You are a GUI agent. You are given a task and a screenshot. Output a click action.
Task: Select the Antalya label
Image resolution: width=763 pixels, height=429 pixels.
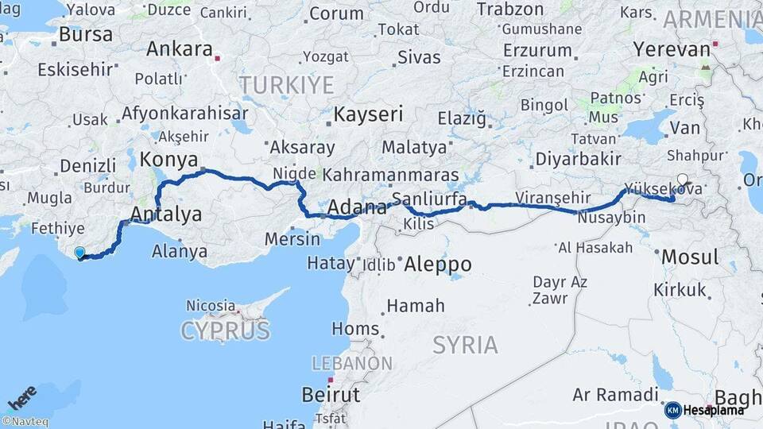pyautogui.click(x=166, y=214)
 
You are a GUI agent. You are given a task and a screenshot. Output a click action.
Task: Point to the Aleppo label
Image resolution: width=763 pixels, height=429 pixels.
pyautogui.click(x=438, y=264)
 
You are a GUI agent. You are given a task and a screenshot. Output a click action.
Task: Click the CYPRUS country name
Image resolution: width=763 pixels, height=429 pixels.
pyautogui.click(x=225, y=330)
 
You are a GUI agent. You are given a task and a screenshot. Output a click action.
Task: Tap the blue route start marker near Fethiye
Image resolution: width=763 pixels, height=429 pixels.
pyautogui.click(x=79, y=253)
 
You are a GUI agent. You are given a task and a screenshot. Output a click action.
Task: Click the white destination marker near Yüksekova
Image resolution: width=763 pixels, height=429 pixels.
pyautogui.click(x=682, y=180)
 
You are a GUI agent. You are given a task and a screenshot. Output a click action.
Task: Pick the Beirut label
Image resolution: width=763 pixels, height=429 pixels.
pyautogui.click(x=331, y=394)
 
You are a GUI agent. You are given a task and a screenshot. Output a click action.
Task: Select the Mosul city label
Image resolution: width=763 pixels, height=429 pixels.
pyautogui.click(x=690, y=257)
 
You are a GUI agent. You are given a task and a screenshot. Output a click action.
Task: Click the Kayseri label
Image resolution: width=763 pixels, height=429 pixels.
pyautogui.click(x=368, y=114)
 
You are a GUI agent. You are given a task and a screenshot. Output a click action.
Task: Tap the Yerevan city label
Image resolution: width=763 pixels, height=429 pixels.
pyautogui.click(x=672, y=49)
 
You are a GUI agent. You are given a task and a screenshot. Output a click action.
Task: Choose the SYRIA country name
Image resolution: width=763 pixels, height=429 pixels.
pyautogui.click(x=466, y=344)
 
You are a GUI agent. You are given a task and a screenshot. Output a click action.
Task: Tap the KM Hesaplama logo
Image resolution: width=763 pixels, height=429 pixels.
pyautogui.click(x=704, y=410)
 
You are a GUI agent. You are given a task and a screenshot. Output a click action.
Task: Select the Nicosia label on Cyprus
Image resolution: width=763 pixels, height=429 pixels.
pyautogui.click(x=211, y=305)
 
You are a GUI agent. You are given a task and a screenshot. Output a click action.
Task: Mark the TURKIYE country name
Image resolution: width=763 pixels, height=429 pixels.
pyautogui.click(x=287, y=84)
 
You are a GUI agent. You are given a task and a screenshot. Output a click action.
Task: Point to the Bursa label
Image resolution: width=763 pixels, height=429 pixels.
pyautogui.click(x=86, y=35)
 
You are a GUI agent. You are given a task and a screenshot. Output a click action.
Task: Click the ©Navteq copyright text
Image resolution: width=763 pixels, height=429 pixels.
pyautogui.click(x=25, y=422)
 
